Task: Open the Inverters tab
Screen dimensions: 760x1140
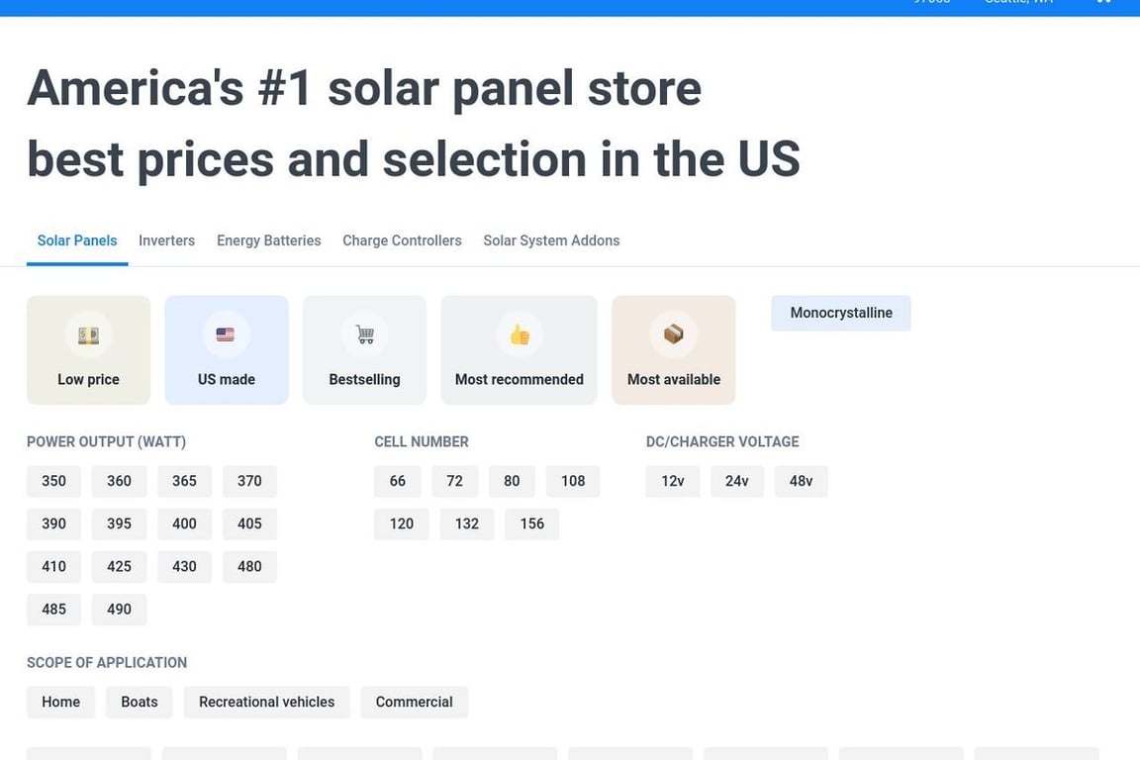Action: click(166, 240)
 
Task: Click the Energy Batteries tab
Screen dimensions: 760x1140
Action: click(268, 240)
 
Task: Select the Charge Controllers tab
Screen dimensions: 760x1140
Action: click(402, 240)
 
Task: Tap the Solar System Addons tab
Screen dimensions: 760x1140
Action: click(551, 240)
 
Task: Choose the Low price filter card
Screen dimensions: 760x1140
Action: click(88, 350)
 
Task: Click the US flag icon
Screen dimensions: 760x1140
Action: click(226, 334)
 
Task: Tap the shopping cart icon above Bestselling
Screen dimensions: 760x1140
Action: click(365, 334)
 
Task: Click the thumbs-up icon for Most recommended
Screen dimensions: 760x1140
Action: click(520, 334)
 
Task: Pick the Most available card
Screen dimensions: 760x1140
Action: click(674, 350)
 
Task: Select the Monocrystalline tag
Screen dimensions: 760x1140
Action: click(841, 313)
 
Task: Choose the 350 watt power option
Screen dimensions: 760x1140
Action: click(53, 481)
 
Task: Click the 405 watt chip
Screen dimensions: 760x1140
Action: click(249, 523)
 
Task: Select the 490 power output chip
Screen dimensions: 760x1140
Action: click(119, 609)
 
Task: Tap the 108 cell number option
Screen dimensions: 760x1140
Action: click(573, 481)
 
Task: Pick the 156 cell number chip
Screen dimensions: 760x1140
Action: click(532, 523)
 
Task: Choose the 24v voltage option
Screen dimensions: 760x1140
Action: click(736, 481)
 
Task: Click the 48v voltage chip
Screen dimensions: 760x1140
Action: click(801, 481)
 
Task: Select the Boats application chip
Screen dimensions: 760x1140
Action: click(140, 702)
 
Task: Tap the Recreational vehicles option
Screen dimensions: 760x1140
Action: click(266, 702)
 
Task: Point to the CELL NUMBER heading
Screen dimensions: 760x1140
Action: click(422, 441)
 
